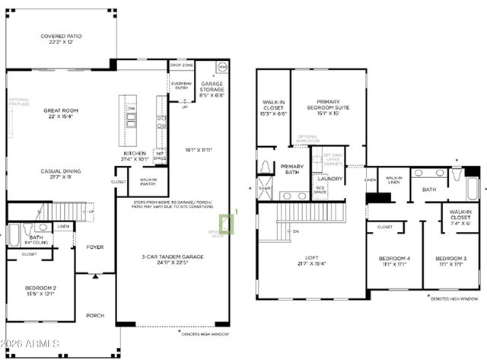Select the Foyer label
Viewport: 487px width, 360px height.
(95, 247)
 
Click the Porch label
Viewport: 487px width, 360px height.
(95, 316)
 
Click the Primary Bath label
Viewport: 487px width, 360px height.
(293, 170)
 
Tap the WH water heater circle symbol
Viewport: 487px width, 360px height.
(221, 68)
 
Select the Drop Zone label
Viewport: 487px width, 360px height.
(180, 65)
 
